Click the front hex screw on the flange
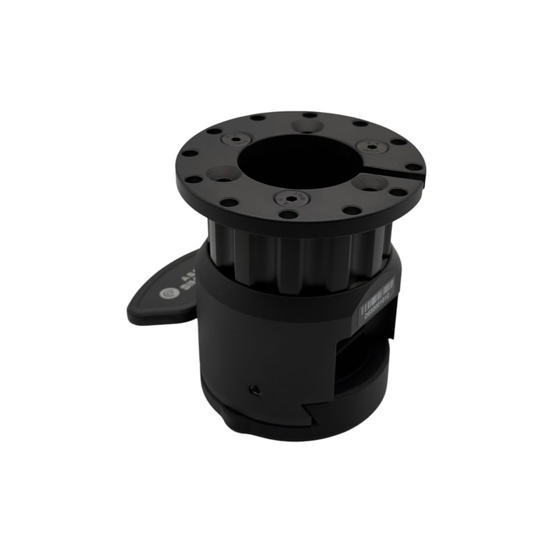287,198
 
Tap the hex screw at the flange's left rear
236,140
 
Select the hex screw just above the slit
371,147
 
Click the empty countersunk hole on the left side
221,174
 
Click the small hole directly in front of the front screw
288,214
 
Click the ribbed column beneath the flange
297,256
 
